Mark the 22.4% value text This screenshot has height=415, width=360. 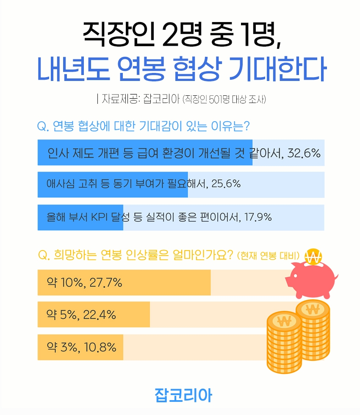tap(100, 315)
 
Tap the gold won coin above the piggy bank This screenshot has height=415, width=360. tap(313, 256)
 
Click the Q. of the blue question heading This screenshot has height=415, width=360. tap(44, 126)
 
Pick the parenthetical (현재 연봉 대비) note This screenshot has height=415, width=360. tap(269, 256)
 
